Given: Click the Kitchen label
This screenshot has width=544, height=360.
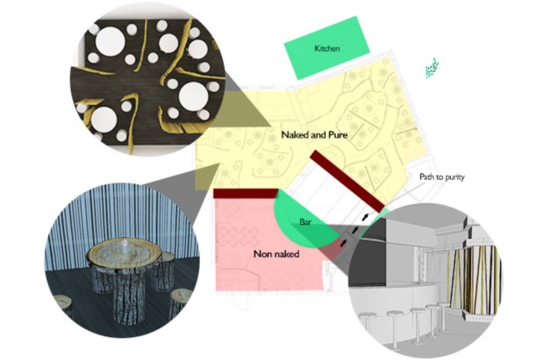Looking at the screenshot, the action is (326, 48).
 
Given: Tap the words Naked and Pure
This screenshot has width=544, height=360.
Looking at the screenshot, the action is (314, 134).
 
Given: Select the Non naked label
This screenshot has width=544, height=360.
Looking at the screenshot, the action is (276, 254).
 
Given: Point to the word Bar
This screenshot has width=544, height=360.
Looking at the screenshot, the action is (305, 221).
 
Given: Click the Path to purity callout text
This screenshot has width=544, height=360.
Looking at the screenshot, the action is (441, 177).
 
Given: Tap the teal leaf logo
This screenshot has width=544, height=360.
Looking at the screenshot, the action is (432, 68).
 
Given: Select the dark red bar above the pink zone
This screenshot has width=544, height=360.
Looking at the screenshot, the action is (246, 193).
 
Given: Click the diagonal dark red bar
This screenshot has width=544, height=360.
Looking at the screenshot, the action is (347, 181).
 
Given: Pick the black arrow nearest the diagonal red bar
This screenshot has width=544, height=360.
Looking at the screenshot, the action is (365, 217).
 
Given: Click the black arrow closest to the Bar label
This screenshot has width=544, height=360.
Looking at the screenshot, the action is (343, 242).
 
